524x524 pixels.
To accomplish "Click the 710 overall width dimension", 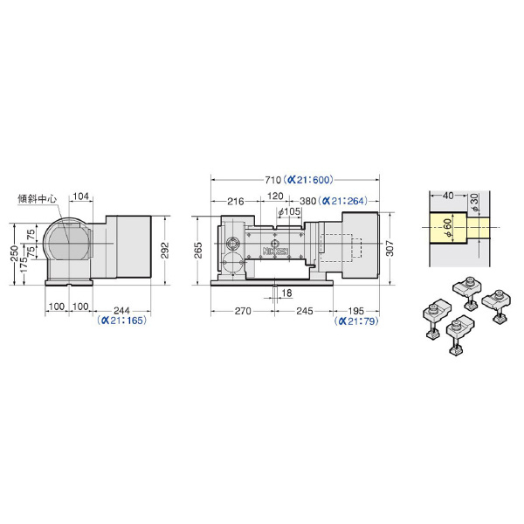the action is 273,180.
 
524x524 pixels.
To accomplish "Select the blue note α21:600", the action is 307,180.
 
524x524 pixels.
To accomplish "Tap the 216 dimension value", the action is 236,201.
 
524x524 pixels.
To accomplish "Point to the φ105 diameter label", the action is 289,212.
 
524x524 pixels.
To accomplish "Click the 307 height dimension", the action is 390,248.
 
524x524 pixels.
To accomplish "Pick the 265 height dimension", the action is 198,251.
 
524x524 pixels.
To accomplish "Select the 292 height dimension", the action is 165,251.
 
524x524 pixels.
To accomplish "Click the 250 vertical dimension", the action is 14,253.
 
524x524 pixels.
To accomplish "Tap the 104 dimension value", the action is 81,196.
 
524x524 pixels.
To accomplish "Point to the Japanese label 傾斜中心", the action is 37,199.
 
